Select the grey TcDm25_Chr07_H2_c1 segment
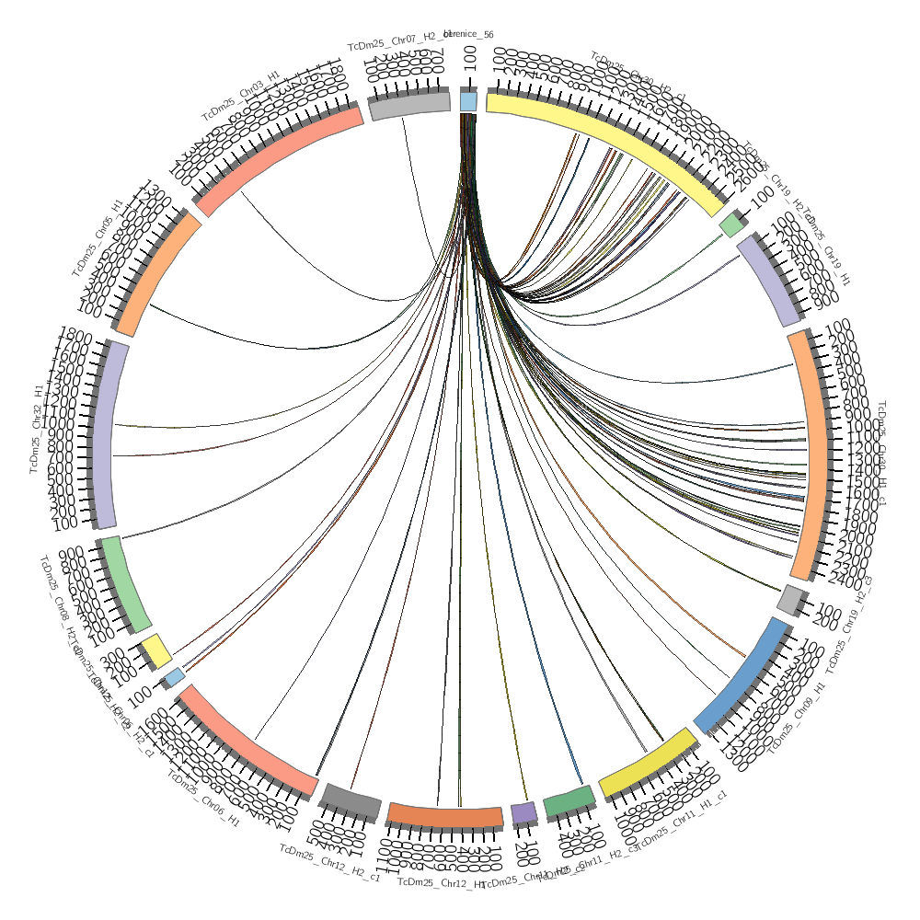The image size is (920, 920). pos(409,106)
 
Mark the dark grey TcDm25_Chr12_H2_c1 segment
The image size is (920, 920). pos(349,799)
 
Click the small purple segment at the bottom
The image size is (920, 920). pos(523,812)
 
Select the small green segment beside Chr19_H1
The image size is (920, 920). pos(731,224)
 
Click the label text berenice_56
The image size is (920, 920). pos(469,35)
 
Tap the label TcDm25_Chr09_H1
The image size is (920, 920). pos(797,716)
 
